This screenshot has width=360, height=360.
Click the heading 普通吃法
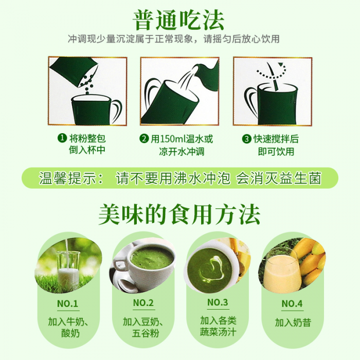[x=178, y=20]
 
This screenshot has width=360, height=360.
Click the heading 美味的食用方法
[x=179, y=214]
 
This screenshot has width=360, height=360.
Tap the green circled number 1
[x=62, y=138]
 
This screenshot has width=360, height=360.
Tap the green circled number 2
[x=144, y=139]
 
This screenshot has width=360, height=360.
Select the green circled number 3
[x=246, y=139]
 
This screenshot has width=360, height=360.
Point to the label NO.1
[x=67, y=303]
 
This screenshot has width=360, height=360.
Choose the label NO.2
[x=143, y=303]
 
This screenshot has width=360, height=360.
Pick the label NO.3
[x=218, y=302]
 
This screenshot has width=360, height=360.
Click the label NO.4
[x=292, y=303]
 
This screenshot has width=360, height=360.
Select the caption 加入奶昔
[x=293, y=322]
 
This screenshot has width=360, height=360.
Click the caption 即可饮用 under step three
[x=276, y=152]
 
